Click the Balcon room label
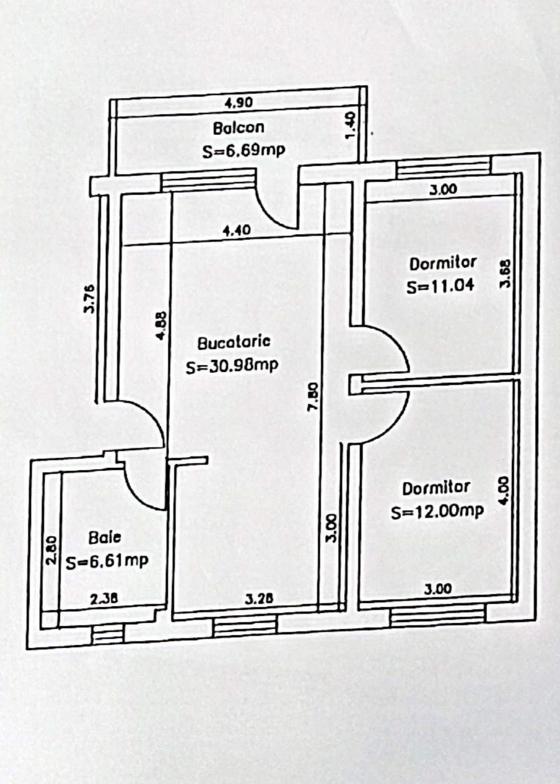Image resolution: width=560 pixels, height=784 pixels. point(239,128)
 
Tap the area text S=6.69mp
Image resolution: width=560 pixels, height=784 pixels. point(244,151)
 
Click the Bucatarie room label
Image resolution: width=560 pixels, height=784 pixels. point(234,342)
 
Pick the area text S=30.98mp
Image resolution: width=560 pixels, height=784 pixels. point(231,366)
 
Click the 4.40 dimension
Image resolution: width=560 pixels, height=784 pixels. point(237,230)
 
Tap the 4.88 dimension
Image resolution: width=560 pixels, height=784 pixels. point(161,326)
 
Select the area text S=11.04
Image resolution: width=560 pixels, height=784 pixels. point(441,285)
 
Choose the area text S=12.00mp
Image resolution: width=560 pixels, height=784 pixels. point(438,512)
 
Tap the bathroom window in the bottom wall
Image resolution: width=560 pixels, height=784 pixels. point(109,633)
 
